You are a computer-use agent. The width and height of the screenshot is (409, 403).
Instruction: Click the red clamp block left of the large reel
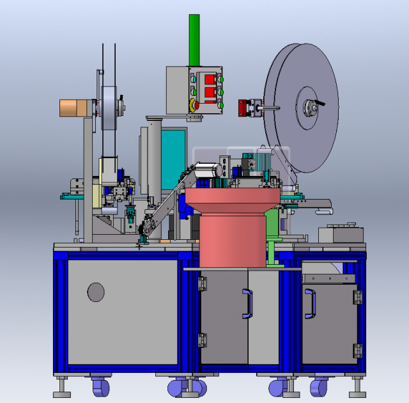pyautogui.click(x=243, y=107)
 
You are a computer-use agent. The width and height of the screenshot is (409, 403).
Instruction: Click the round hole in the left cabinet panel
pyautogui.click(x=96, y=292)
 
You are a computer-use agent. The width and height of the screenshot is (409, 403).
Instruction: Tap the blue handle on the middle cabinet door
pyautogui.click(x=247, y=304)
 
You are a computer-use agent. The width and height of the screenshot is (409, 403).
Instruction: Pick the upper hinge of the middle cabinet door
pyautogui.click(x=203, y=282)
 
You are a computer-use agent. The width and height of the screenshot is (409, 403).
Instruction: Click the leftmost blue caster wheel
pyautogui.click(x=100, y=386)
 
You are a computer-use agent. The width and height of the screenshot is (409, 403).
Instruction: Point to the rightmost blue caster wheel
pyautogui.click(x=318, y=387)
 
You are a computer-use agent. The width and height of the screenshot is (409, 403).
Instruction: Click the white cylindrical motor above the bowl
pyautogui.click(x=208, y=171)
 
